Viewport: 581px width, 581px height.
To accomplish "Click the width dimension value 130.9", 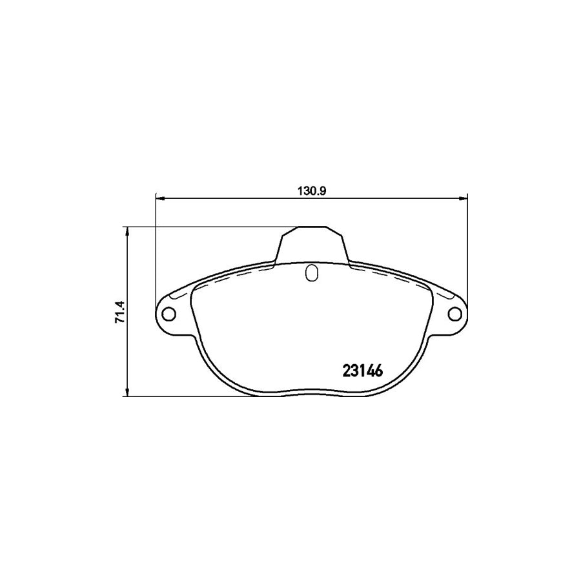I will [310, 190].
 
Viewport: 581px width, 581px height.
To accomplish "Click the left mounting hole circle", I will [169, 314].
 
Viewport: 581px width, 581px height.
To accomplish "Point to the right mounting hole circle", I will [455, 314].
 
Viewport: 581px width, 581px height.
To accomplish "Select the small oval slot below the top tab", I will [311, 274].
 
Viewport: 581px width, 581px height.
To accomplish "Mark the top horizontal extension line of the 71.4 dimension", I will [207, 227].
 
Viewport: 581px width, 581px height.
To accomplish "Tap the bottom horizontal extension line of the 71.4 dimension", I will [194, 396].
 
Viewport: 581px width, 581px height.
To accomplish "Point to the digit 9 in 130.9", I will [319, 190].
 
